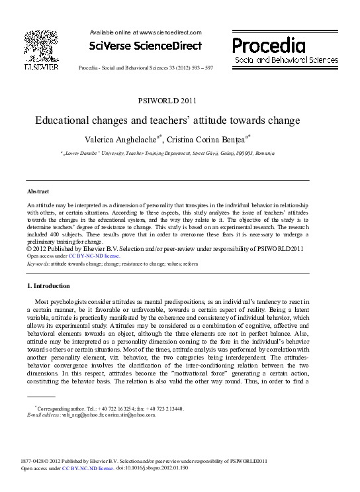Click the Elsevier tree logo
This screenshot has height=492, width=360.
point(41,44)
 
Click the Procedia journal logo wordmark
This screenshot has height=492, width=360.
point(269,45)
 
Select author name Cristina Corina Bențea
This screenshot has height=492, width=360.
point(211,140)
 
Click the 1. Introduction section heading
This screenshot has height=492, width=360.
point(48,286)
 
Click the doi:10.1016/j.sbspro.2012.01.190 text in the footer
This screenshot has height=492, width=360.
point(152,468)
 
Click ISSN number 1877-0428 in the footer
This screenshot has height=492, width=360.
point(34,461)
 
